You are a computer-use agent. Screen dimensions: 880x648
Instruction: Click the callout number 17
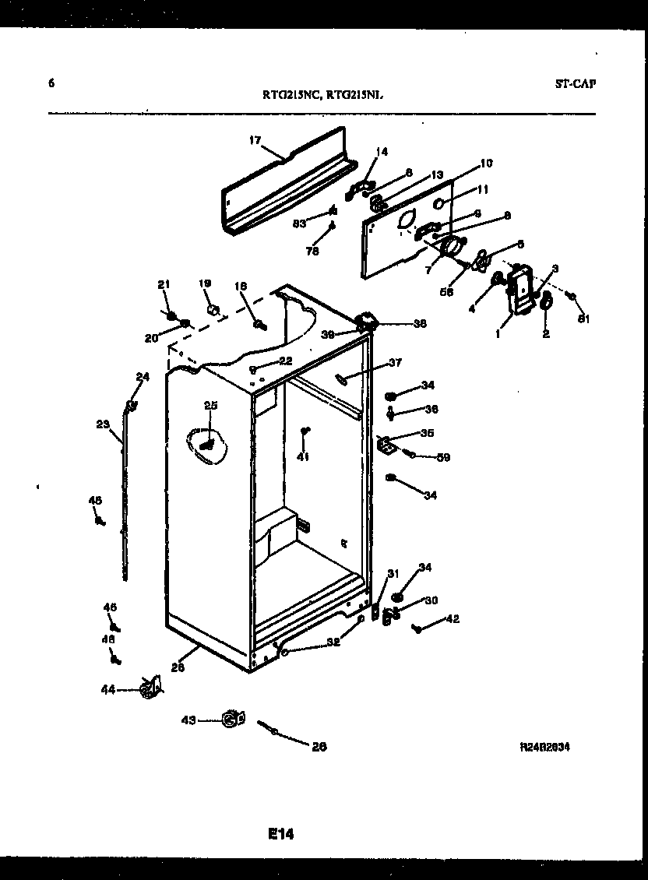pyautogui.click(x=254, y=140)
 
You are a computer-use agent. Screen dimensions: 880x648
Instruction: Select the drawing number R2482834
pyautogui.click(x=545, y=746)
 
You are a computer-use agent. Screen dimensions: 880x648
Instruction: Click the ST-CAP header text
pyautogui.click(x=576, y=84)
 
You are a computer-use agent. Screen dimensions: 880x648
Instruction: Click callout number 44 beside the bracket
pyautogui.click(x=108, y=689)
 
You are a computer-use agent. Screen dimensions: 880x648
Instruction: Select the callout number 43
pyautogui.click(x=189, y=720)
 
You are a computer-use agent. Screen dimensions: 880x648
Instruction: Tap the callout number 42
pyautogui.click(x=452, y=619)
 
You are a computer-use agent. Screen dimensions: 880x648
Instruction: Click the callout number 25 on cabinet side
pyautogui.click(x=210, y=405)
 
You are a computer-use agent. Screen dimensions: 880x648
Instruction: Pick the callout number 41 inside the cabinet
pyautogui.click(x=303, y=457)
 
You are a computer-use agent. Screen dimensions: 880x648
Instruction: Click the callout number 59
pyautogui.click(x=443, y=457)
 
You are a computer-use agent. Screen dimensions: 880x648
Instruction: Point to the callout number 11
pyautogui.click(x=483, y=189)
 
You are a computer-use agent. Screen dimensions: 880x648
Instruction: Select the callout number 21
pyautogui.click(x=164, y=286)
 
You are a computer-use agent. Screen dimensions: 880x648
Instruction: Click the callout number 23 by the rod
pyautogui.click(x=103, y=424)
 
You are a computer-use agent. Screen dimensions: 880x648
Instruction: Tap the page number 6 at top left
pyautogui.click(x=51, y=83)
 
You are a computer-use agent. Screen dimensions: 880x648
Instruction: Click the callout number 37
pyautogui.click(x=396, y=362)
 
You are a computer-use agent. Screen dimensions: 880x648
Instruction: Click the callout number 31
pyautogui.click(x=393, y=575)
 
